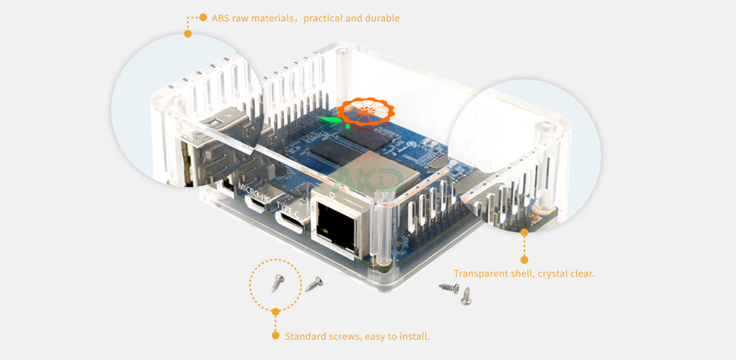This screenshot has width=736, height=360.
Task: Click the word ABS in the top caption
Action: pos(220,18)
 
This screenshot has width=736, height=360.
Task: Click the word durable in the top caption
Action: pos(382,18)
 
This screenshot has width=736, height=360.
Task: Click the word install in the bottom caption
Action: pos(415,336)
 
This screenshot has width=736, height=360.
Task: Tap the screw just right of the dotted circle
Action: pos(314,284)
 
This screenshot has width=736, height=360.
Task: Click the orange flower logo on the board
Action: pos(366,111)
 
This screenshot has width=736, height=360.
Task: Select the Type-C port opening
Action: pos(289,224)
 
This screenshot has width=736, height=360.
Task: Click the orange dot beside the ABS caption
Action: pos(203,17)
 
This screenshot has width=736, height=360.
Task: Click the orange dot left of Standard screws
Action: pos(276,336)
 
